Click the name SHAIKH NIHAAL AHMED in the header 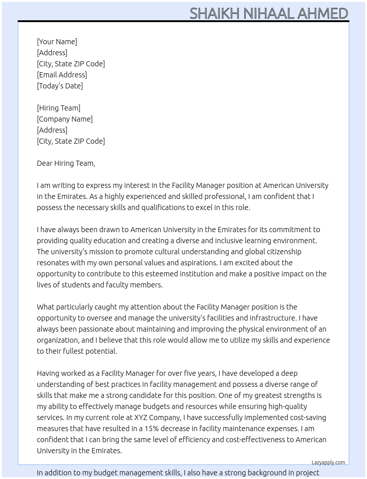[269, 13]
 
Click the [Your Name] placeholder [57, 42]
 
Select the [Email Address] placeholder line [62, 75]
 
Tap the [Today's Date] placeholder [60, 86]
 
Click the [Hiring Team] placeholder [59, 108]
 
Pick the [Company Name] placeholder [65, 119]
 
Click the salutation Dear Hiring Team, [66, 163]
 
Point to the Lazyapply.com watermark [328, 462]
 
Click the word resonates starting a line [53, 263]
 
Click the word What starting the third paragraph [45, 307]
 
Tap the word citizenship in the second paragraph [283, 252]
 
